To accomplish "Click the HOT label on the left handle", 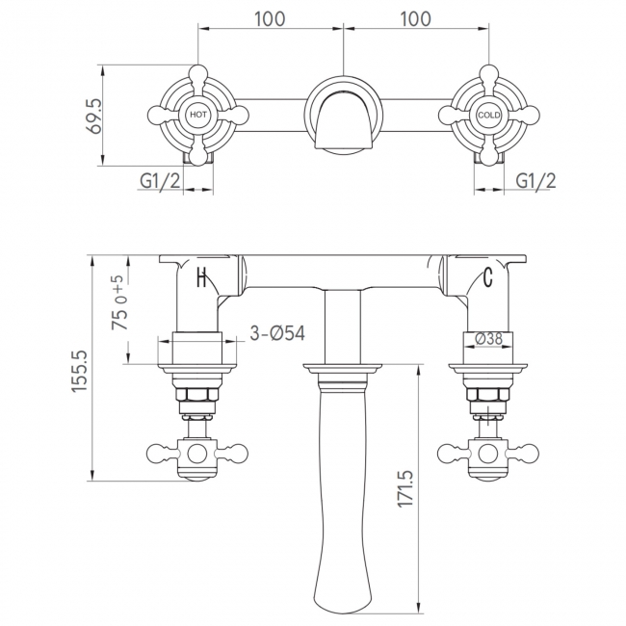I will point(198,115).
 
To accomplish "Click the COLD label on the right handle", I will point(487,115).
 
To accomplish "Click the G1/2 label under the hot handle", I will point(158,180).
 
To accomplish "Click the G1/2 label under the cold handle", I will point(535,180).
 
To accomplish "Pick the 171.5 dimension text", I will point(404,489).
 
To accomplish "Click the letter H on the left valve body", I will point(201,279).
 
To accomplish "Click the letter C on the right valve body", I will point(487,279).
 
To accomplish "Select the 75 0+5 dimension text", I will point(119,303).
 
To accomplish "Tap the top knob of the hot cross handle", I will point(198,73).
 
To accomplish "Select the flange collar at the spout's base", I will point(342,368).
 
